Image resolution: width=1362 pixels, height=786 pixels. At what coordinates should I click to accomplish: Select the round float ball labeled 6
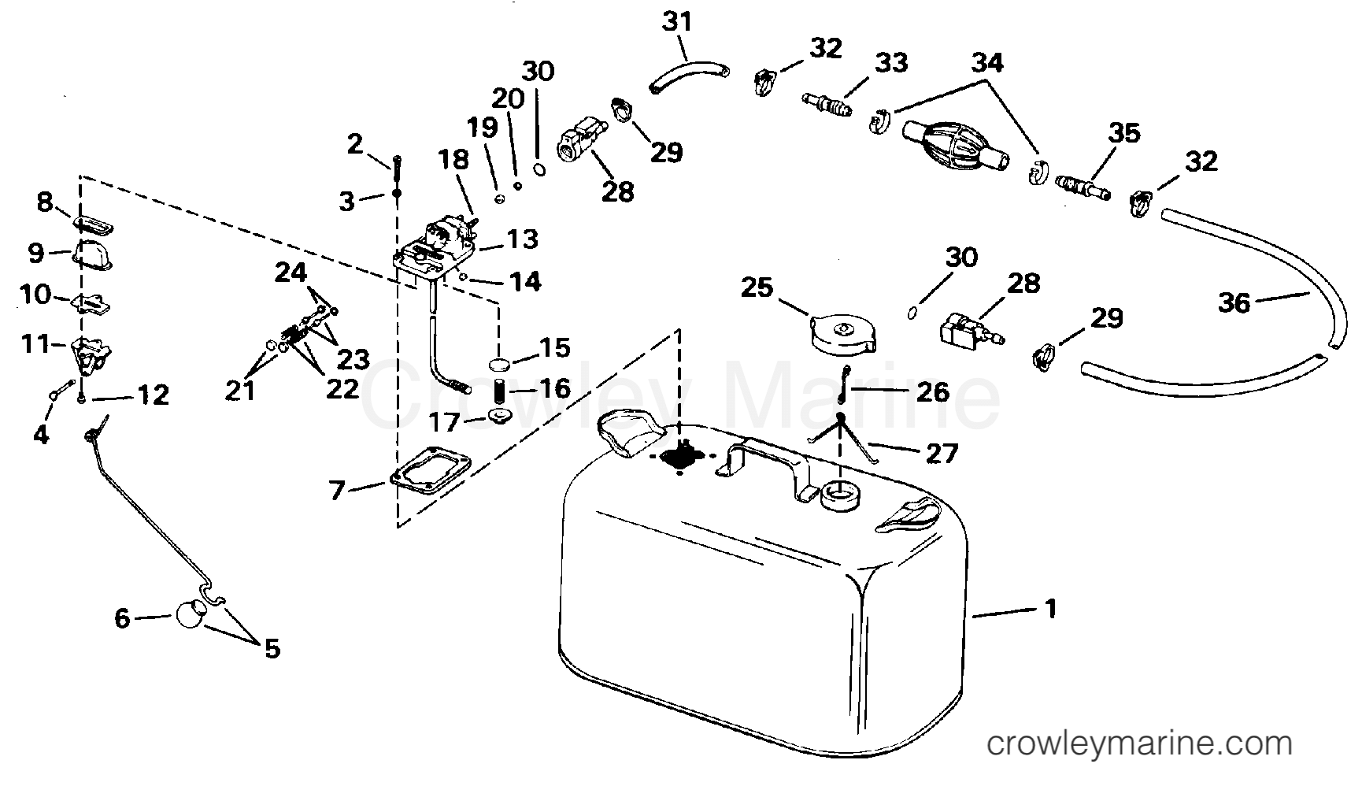190,614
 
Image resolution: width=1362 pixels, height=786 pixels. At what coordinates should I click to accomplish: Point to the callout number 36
1234,302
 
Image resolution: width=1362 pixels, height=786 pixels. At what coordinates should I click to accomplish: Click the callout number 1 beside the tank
1050,608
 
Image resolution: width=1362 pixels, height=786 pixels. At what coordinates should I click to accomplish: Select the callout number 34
987,61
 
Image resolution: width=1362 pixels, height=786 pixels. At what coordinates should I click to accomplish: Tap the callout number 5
271,648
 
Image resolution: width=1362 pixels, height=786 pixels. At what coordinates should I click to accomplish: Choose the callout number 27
941,452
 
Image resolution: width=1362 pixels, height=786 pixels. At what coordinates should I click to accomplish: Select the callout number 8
45,202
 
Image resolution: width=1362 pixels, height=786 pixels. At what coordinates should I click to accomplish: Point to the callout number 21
240,390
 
